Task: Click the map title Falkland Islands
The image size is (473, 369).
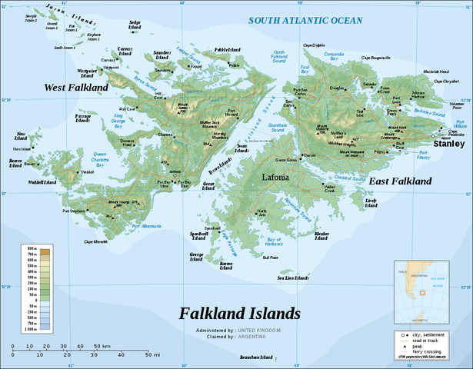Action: pyautogui.click(x=239, y=314)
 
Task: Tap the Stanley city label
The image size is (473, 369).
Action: pyautogui.click(x=449, y=143)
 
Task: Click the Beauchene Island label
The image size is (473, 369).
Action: pyautogui.click(x=256, y=357)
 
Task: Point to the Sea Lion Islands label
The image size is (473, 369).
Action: pyautogui.click(x=292, y=278)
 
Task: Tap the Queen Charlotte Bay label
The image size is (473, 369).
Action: pyautogui.click(x=99, y=157)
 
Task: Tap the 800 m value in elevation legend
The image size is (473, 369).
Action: pyautogui.click(x=33, y=251)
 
